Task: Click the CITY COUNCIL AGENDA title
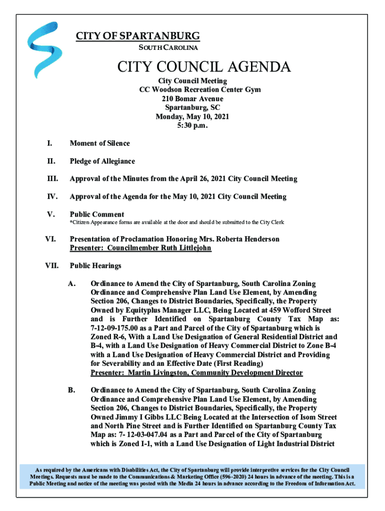[203, 67]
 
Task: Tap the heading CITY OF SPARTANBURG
[137, 36]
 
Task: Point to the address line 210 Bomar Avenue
[192, 99]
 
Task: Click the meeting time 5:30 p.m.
[192, 126]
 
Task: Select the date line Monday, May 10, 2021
[192, 117]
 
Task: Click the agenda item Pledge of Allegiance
[102, 161]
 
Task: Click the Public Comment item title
[97, 215]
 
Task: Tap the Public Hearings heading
[95, 266]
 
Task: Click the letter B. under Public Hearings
[71, 390]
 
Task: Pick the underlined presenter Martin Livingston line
[196, 373]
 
